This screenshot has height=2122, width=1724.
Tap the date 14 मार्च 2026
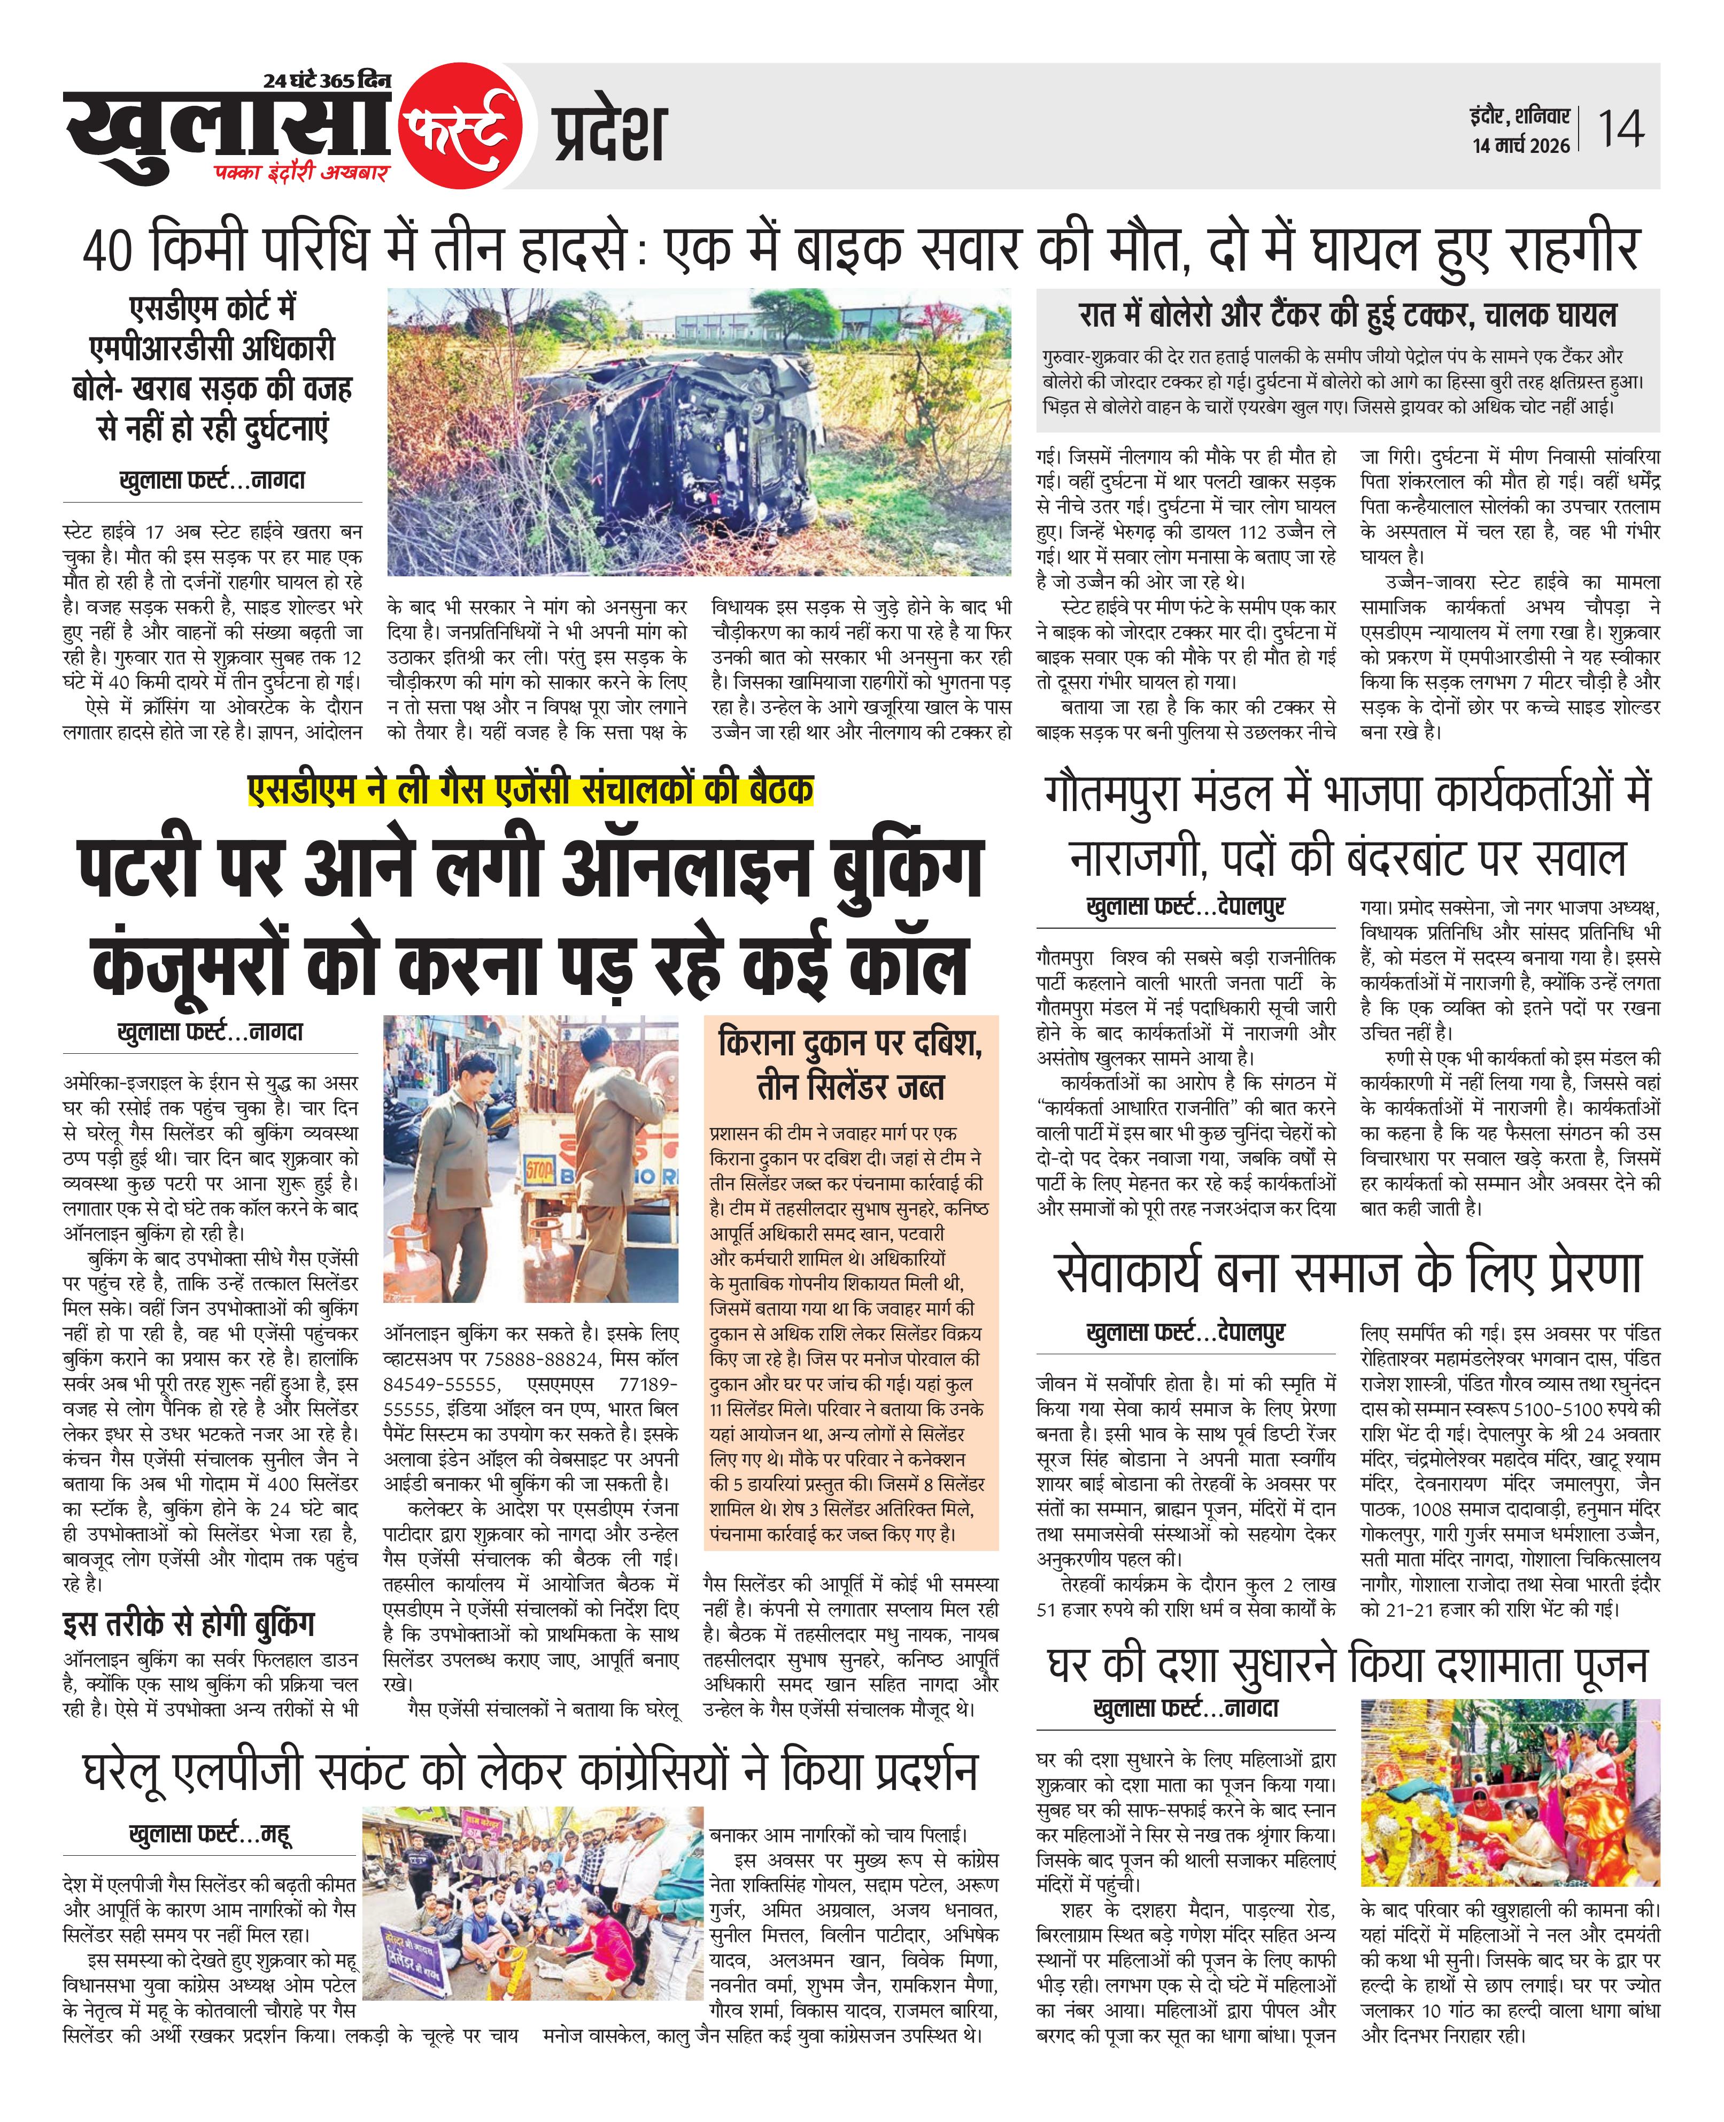coord(1520,146)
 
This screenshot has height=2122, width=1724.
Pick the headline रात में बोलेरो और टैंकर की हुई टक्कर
coord(1348,316)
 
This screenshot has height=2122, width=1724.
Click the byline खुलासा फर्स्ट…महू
coord(210,1834)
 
